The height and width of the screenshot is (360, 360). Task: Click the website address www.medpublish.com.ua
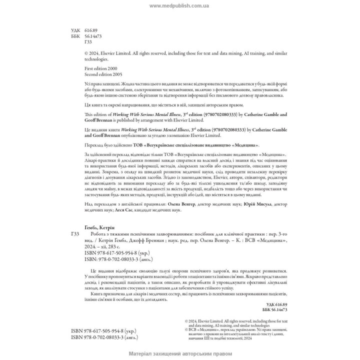179,6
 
